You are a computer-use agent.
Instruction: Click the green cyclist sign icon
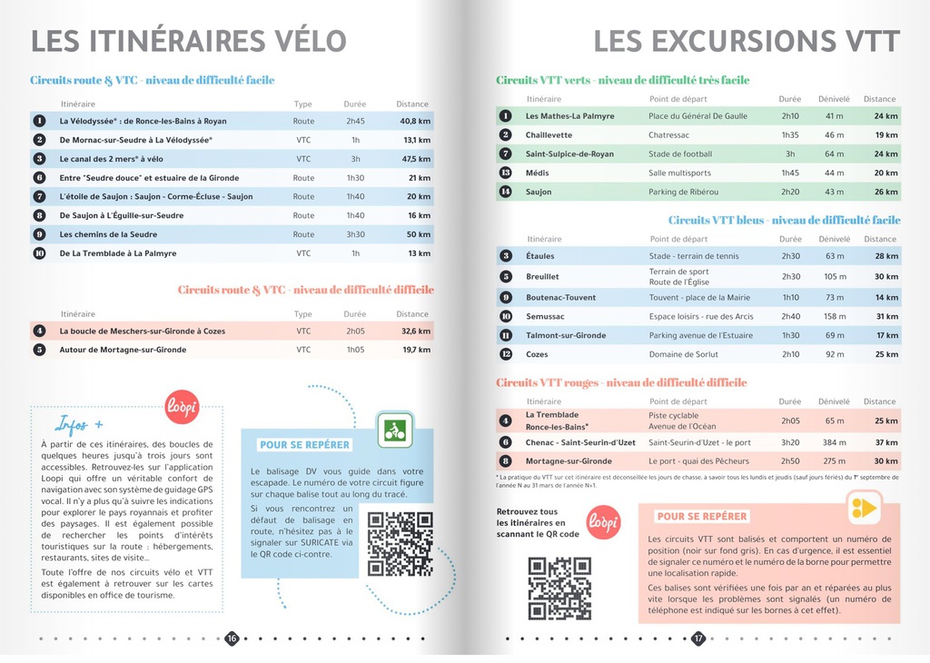click(x=395, y=430)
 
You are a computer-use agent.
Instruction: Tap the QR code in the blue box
click(x=400, y=544)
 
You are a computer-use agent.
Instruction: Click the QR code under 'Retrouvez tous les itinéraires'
click(x=560, y=588)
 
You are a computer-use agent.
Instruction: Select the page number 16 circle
click(x=232, y=638)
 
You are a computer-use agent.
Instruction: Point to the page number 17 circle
click(x=698, y=638)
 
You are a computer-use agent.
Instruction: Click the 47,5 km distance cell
click(x=416, y=159)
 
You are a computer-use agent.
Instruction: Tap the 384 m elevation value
click(x=834, y=442)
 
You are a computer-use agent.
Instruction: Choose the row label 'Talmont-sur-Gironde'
click(x=566, y=335)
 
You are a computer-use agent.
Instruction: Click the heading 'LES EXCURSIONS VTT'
click(x=747, y=41)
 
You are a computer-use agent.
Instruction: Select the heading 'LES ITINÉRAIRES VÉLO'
click(x=189, y=41)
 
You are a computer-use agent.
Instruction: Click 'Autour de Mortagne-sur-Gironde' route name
click(x=123, y=350)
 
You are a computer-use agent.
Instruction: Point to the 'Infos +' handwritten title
click(x=79, y=423)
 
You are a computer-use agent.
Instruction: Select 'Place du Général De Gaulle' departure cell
click(x=697, y=116)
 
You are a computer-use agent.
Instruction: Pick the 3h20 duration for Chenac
click(x=790, y=442)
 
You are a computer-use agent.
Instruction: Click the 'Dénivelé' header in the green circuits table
click(x=834, y=99)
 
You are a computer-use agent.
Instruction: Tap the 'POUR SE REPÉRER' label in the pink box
click(x=702, y=517)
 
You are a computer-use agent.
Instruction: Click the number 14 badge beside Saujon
click(x=506, y=192)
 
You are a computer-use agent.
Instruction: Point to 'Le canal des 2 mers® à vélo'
click(x=112, y=159)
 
